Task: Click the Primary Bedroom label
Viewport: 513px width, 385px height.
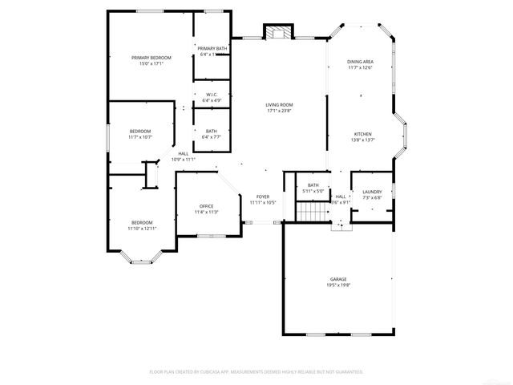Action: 151,58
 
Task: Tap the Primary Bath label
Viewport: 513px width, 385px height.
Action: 212,49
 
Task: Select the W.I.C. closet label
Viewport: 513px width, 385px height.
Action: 212,95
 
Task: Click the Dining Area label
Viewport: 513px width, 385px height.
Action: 360,62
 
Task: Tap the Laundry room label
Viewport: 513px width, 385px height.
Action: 372,192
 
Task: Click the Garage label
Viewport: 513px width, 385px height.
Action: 337,279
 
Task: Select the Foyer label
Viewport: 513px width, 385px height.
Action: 263,197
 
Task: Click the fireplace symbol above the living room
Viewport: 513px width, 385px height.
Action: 278,33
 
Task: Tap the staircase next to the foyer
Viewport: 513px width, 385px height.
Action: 309,213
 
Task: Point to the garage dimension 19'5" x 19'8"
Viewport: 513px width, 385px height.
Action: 337,285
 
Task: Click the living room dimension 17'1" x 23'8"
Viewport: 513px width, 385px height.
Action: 280,111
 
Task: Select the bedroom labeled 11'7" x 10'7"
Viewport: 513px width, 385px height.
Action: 140,134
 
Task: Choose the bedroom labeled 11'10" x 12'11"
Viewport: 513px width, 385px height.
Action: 142,225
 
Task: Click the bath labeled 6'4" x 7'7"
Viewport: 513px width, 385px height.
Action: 211,134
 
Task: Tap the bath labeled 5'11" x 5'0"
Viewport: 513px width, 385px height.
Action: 313,188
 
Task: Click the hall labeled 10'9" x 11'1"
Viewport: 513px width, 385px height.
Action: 184,156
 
